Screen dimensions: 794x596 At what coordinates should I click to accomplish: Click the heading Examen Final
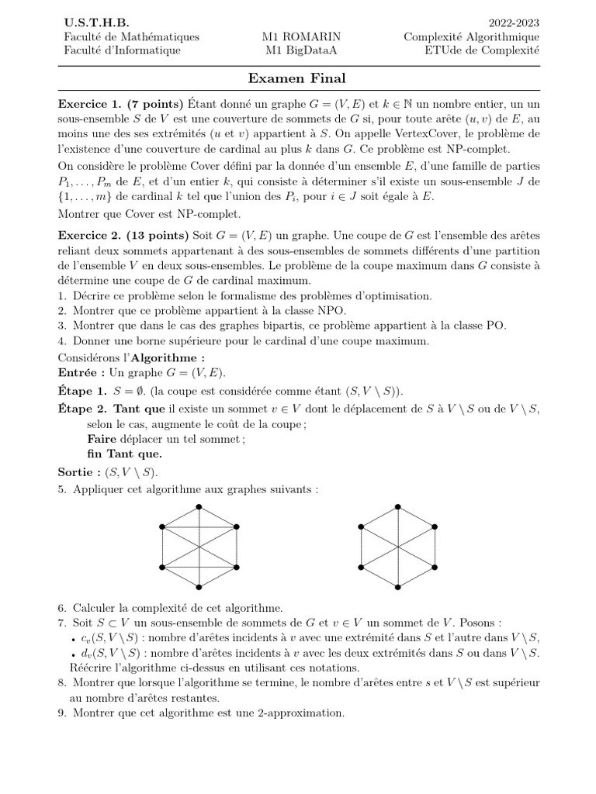pos(296,78)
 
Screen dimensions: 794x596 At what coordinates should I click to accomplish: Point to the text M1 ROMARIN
pos(302,37)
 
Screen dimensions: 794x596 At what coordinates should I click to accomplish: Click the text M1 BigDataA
pos(302,50)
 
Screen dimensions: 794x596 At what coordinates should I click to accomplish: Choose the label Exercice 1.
pos(91,104)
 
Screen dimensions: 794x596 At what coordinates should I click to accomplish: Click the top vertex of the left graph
pos(200,506)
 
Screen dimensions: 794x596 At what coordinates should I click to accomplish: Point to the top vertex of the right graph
pos(399,506)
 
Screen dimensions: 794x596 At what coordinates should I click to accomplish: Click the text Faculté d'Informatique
pos(122,50)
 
